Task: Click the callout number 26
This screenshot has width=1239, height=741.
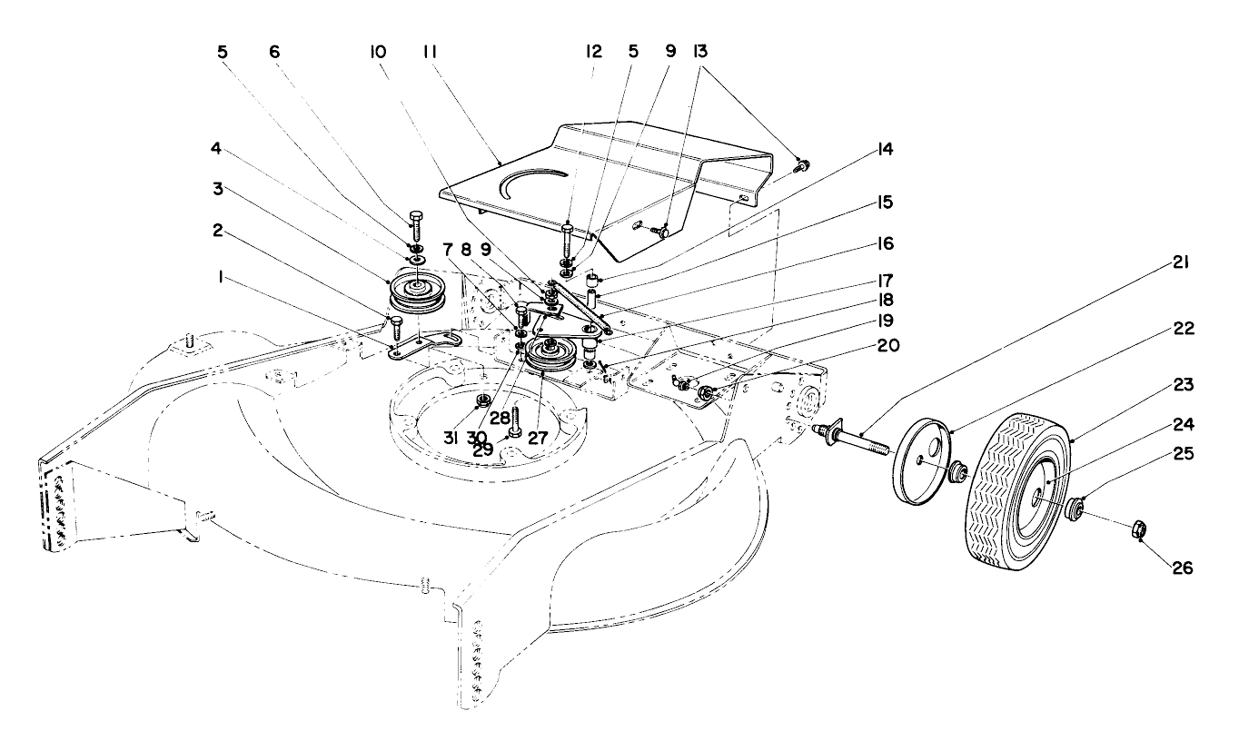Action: tap(1183, 568)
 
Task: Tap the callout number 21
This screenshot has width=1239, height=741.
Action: tap(1181, 262)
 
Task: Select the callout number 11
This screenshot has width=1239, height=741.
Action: tap(430, 52)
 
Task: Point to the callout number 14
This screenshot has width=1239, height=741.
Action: tap(886, 149)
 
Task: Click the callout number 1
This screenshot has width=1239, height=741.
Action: tap(221, 277)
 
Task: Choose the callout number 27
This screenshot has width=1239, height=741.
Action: tap(538, 438)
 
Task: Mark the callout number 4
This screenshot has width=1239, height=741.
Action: tap(215, 148)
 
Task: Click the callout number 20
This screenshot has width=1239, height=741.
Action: tap(888, 346)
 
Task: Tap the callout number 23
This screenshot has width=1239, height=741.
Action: tap(1183, 384)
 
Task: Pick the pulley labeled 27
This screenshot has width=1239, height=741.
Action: tap(550, 357)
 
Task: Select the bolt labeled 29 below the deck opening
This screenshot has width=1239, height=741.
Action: tap(515, 422)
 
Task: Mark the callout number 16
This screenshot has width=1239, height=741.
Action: tap(885, 244)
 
